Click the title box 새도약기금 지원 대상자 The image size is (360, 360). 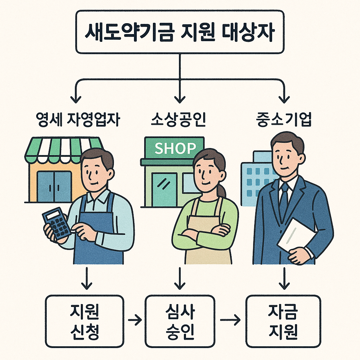180,32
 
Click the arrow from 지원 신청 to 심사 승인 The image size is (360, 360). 135,320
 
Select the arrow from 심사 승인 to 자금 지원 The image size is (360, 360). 230,320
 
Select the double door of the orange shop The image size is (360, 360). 54,186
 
